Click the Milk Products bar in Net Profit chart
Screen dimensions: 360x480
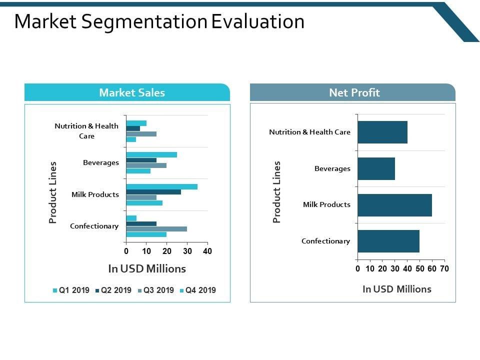pyautogui.click(x=394, y=205)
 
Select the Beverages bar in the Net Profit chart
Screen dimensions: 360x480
pyautogui.click(x=376, y=168)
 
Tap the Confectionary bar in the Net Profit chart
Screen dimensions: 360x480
pyautogui.click(x=388, y=241)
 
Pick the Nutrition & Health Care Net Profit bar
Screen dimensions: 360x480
pyautogui.click(x=382, y=132)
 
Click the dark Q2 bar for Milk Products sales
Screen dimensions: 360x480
pyautogui.click(x=153, y=192)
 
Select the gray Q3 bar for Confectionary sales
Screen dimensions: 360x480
pyautogui.click(x=156, y=229)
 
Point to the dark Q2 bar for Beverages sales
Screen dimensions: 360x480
pyautogui.click(x=141, y=160)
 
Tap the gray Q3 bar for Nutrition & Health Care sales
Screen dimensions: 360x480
pyautogui.click(x=141, y=134)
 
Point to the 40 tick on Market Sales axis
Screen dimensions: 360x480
pyautogui.click(x=207, y=251)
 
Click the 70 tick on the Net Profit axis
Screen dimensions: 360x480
pyautogui.click(x=444, y=268)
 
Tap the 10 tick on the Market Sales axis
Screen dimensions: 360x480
pyautogui.click(x=146, y=251)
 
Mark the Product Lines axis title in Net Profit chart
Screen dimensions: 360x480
pyautogui.click(x=277, y=191)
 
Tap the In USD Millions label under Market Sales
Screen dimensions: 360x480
pyautogui.click(x=147, y=268)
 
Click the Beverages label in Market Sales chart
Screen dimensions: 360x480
pyautogui.click(x=101, y=162)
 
